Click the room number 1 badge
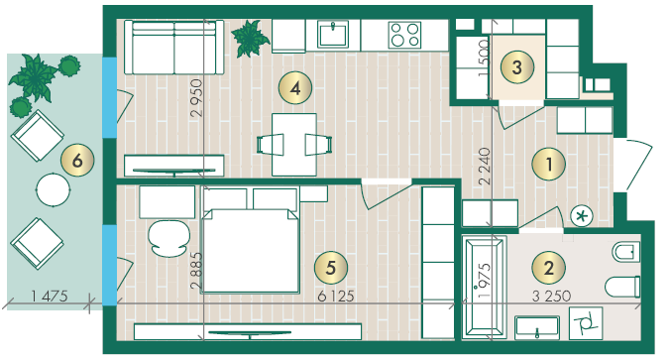549,164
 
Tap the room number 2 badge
549,268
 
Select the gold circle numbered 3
517,67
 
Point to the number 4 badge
295,88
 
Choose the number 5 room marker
331,268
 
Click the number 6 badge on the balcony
77,161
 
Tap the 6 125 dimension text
336,296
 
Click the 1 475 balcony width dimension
50,296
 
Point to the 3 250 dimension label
551,296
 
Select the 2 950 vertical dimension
197,98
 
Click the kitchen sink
333,34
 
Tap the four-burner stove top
404,35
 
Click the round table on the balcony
53,189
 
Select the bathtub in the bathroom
485,288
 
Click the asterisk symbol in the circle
582,216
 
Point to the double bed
251,251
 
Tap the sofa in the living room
173,48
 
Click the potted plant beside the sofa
250,39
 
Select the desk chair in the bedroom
168,239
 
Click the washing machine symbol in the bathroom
586,323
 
